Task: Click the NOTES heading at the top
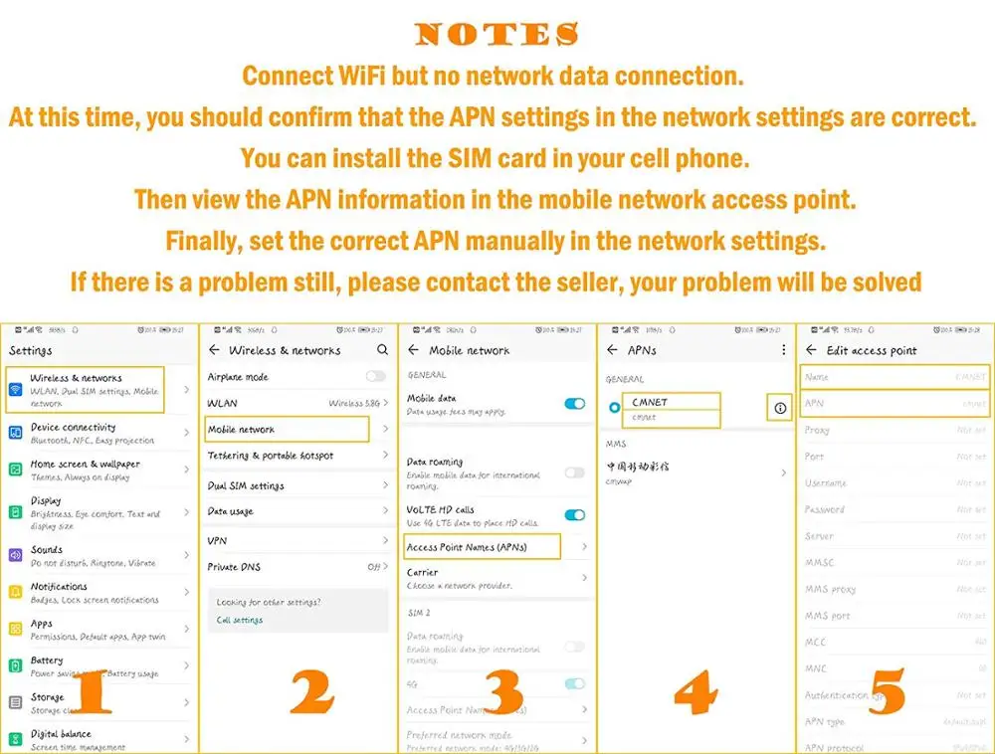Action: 497,35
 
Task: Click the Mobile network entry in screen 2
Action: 287,430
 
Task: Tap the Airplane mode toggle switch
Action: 375,376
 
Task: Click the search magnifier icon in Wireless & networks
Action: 382,350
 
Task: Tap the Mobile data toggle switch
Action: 574,403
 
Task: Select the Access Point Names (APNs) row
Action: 483,547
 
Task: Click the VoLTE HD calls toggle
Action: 574,514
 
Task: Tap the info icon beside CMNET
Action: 780,408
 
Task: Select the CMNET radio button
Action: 614,408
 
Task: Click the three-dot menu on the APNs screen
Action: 783,350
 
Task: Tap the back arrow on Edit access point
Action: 811,350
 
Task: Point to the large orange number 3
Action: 503,692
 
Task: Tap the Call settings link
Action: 240,620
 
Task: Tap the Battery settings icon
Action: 16,665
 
